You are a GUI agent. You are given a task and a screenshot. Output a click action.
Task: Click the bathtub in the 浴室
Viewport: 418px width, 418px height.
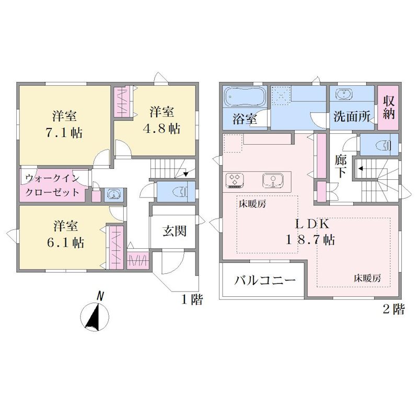click(245, 97)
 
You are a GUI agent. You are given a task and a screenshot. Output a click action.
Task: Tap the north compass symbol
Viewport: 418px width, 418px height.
click(95, 315)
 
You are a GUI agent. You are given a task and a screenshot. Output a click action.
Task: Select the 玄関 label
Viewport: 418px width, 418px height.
click(175, 231)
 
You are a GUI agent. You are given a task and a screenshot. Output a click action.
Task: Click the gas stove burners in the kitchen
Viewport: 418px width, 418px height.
click(235, 179)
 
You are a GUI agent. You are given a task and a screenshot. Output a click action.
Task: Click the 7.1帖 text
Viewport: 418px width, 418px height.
click(64, 133)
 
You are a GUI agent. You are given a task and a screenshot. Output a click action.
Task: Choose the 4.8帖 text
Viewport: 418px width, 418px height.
click(161, 129)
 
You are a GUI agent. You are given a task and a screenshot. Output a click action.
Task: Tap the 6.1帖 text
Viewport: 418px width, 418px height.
click(66, 242)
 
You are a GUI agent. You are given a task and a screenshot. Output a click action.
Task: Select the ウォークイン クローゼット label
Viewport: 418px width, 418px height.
click(52, 184)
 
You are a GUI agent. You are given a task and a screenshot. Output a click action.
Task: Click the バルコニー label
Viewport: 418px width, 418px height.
click(265, 280)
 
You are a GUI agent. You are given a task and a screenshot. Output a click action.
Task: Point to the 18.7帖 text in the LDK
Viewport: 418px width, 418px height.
click(310, 239)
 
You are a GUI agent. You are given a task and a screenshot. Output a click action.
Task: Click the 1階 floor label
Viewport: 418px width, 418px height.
click(192, 299)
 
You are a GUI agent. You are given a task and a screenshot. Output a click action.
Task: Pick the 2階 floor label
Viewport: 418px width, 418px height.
click(393, 309)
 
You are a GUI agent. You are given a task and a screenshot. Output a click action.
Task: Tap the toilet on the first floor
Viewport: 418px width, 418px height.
click(181, 192)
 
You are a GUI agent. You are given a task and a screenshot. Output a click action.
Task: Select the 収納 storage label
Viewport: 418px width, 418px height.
click(388, 108)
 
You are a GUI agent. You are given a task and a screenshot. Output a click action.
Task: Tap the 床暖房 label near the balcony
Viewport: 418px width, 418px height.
click(368, 278)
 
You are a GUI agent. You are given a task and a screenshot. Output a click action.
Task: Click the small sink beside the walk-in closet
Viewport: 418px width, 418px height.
click(113, 194)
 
